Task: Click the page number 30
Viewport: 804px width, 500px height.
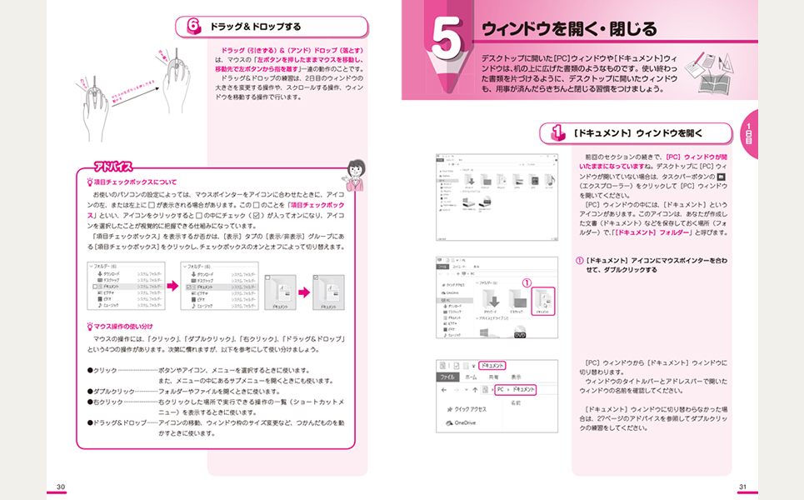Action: click(60, 487)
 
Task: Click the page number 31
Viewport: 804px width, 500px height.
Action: click(743, 487)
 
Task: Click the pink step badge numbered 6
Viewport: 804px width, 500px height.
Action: click(193, 27)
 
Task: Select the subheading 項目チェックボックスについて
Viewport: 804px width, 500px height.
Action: click(135, 182)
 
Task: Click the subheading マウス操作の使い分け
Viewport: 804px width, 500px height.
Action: click(125, 326)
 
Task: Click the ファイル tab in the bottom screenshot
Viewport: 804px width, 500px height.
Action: click(449, 377)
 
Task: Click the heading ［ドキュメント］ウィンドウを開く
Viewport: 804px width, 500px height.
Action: click(637, 132)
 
